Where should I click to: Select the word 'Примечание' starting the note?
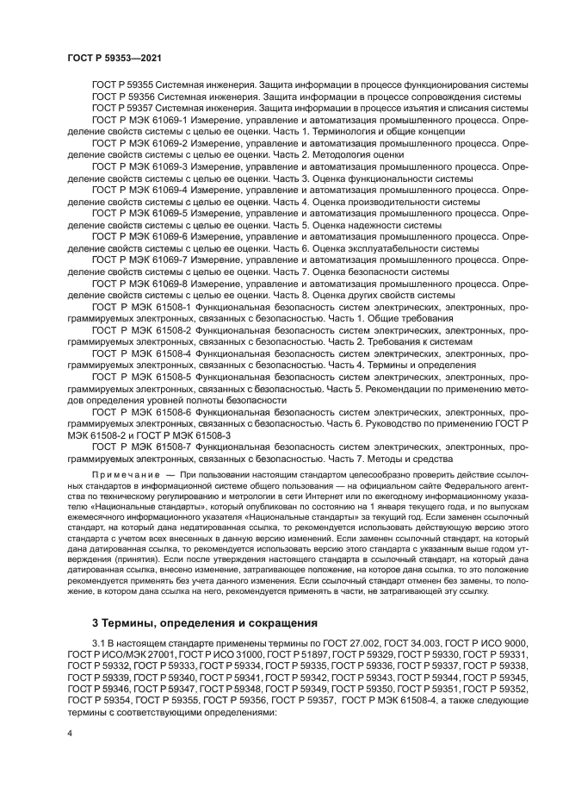tap(123, 476)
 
